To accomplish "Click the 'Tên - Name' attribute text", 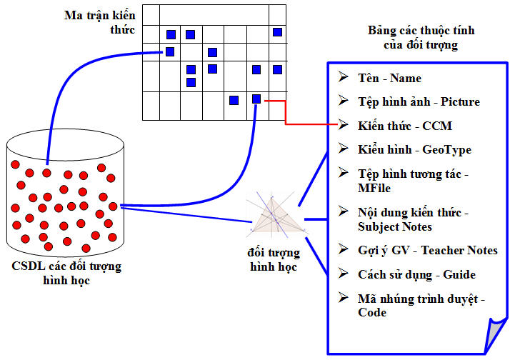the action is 389,78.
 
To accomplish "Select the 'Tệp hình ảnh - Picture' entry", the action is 419,102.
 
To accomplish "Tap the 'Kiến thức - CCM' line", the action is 405,126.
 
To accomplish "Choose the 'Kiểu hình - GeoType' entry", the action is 414,150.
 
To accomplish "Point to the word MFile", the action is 374,188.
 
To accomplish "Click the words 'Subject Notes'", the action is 395,226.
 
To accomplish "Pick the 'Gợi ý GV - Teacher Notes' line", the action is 428,251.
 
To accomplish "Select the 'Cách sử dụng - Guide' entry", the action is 417,274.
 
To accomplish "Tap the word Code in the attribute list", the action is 372,312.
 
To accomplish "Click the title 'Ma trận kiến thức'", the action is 100,22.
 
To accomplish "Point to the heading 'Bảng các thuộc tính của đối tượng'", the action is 421,37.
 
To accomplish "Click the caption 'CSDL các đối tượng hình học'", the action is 66,273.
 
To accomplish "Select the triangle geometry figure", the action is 275,216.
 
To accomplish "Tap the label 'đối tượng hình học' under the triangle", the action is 274,259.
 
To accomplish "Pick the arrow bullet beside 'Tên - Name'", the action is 344,77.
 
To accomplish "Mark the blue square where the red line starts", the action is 256,99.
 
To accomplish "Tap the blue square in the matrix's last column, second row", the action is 278,32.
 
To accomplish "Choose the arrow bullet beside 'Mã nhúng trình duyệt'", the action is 344,297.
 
